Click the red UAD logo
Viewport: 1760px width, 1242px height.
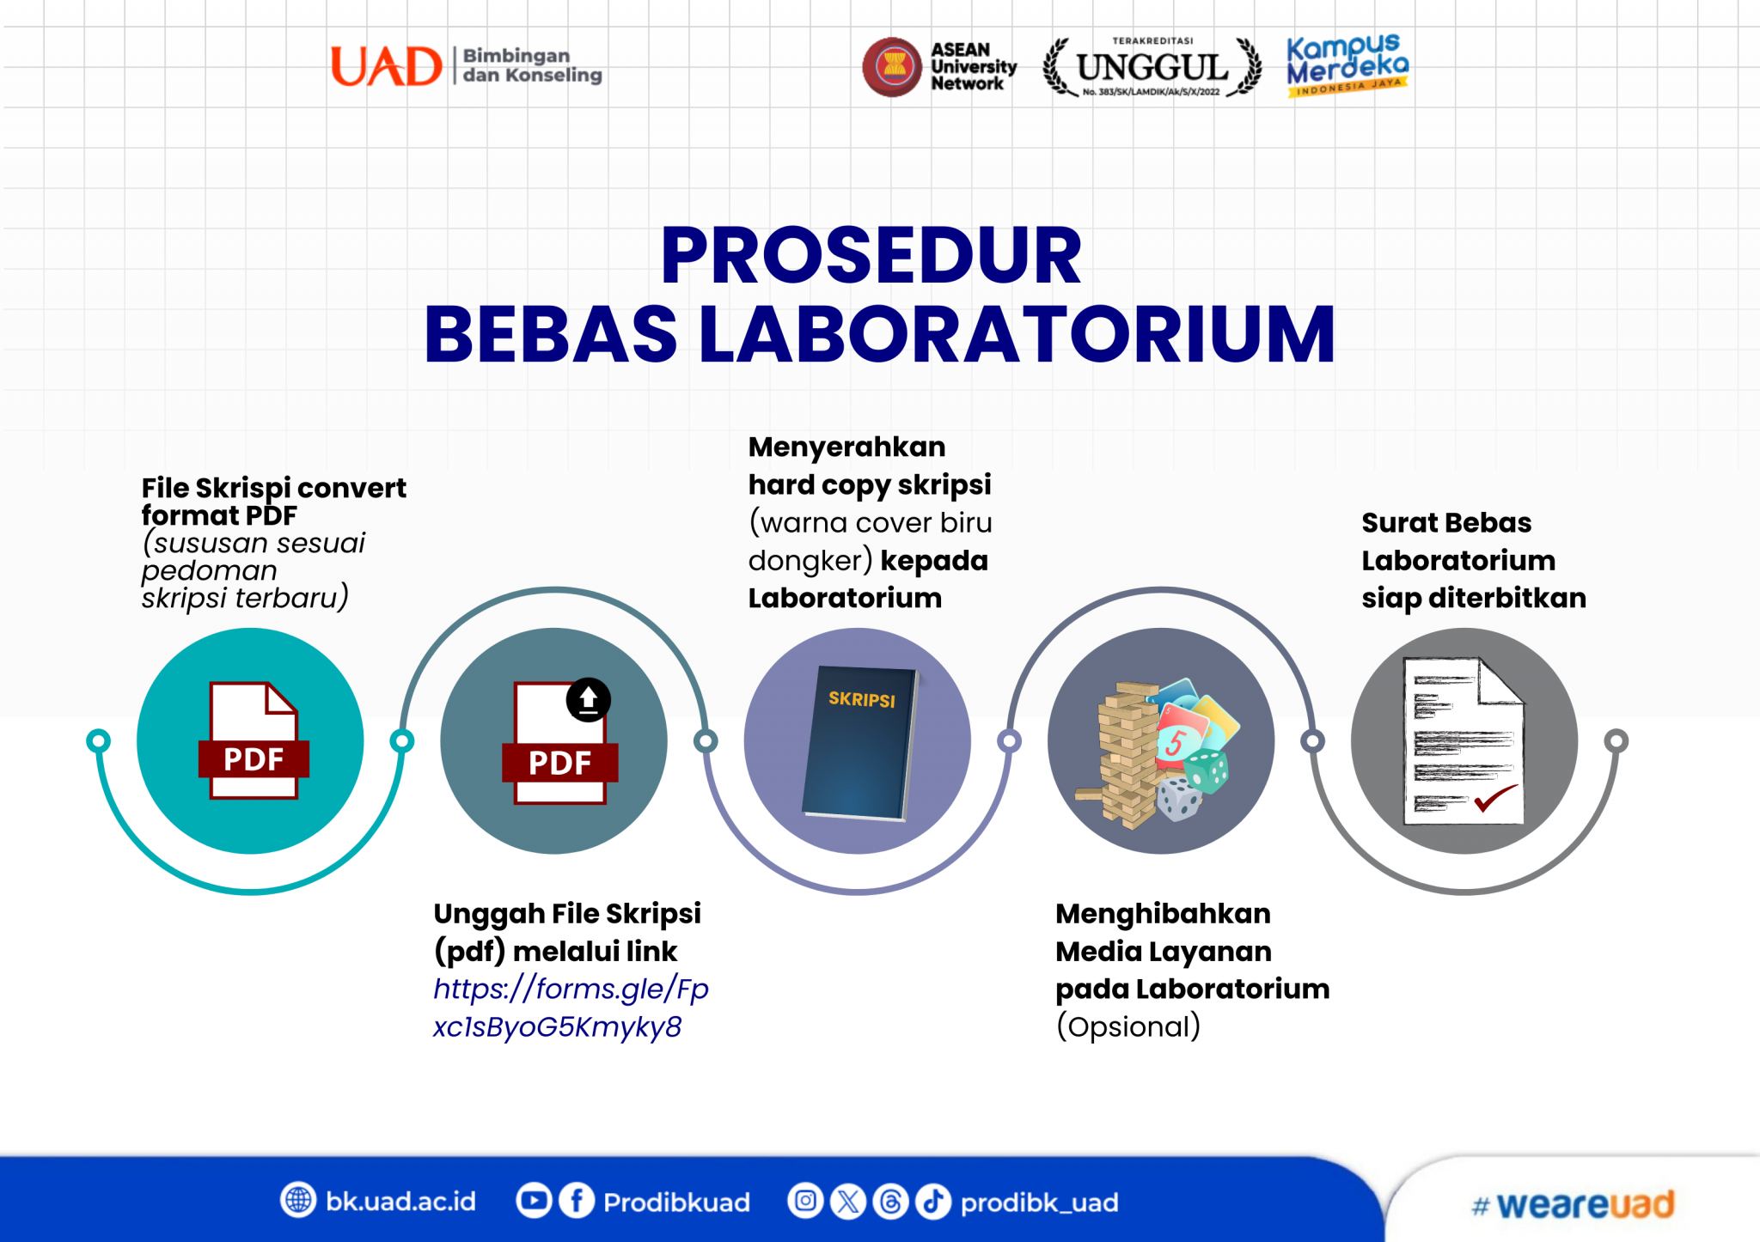[386, 66]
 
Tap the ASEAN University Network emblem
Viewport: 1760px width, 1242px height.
[893, 66]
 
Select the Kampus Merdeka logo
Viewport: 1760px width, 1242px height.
[1347, 64]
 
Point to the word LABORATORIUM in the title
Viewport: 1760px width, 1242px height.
[1017, 334]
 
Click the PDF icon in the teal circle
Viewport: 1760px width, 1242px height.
[253, 740]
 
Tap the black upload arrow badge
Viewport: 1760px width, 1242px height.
[588, 700]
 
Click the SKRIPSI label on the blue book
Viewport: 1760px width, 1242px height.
[861, 699]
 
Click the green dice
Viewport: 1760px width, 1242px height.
[1208, 770]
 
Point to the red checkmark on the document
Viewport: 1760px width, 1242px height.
[1495, 798]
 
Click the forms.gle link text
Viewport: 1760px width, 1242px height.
[570, 1008]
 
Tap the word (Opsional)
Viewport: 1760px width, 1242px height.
[1127, 1026]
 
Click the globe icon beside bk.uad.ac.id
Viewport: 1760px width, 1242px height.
[298, 1200]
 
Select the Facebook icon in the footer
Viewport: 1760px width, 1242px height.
[577, 1200]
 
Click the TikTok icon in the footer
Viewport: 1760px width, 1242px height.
[932, 1201]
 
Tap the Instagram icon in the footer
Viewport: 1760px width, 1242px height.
[805, 1200]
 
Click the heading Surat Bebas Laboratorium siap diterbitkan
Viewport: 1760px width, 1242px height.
[1473, 560]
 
